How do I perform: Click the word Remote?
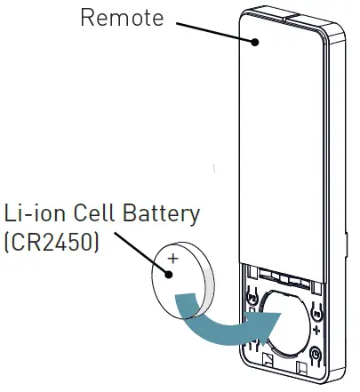(123, 18)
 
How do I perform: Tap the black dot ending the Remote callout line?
(255, 40)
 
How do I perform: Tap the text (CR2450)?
(52, 242)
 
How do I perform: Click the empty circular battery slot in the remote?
(283, 324)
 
